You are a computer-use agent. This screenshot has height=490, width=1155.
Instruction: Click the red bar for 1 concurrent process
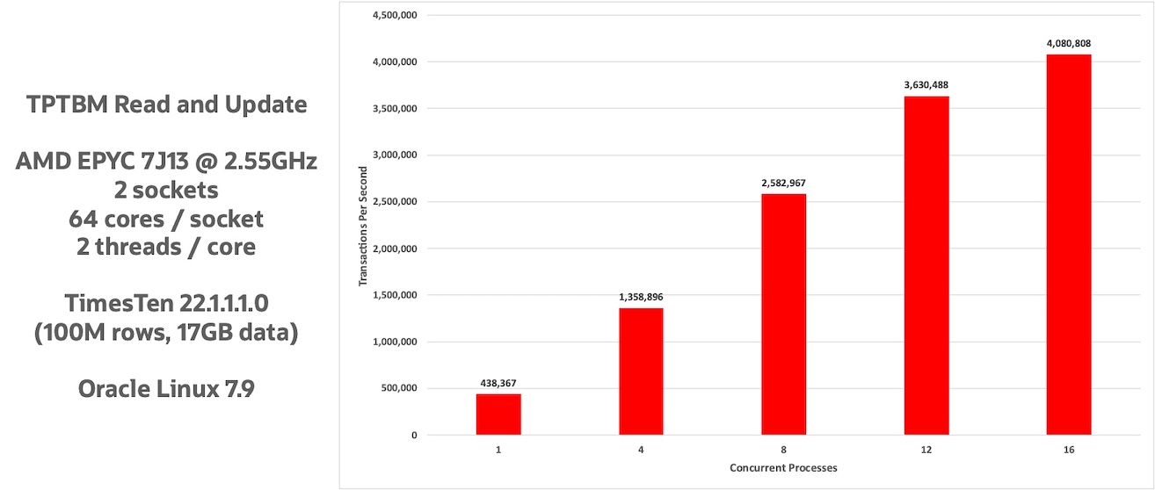coord(498,414)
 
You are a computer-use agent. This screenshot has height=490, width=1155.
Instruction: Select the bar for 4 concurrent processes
coord(641,371)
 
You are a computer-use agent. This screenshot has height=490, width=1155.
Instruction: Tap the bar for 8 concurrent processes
coord(783,314)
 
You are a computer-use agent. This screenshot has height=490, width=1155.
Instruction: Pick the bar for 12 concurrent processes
coord(926,265)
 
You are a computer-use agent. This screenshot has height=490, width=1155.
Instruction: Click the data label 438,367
coord(498,384)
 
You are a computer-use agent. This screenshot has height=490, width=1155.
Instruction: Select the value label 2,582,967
coord(783,183)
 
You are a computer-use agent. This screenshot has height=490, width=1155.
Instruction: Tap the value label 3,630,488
coord(926,85)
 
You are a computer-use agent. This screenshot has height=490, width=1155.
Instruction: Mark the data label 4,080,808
coord(1069,43)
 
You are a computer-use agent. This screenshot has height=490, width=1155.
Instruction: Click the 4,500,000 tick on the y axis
coord(395,15)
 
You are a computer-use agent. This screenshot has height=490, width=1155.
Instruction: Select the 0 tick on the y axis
coord(413,436)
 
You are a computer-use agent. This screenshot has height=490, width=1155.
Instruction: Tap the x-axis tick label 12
coord(926,450)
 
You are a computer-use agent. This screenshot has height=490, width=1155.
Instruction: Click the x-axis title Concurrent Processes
coord(783,468)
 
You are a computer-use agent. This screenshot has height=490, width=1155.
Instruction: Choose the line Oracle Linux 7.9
coord(166,388)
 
